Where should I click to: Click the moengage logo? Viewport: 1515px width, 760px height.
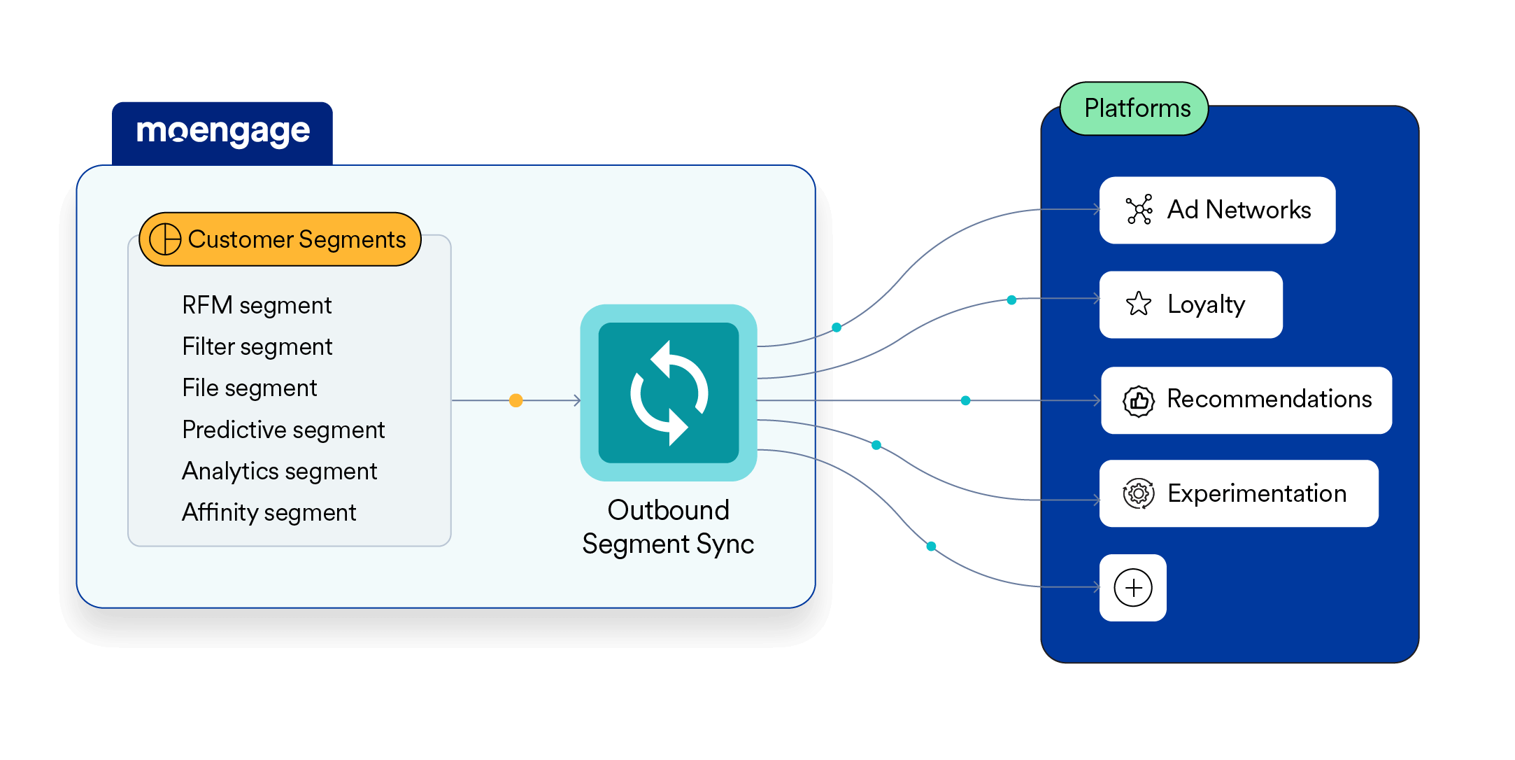(222, 132)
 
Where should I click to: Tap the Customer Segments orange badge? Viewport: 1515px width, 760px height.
(280, 239)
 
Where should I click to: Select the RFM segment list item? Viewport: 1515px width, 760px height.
(257, 305)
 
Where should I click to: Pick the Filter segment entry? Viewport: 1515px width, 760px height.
(257, 346)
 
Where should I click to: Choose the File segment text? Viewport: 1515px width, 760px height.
(249, 388)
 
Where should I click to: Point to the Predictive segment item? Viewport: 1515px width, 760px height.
(283, 430)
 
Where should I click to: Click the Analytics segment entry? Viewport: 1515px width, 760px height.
(279, 471)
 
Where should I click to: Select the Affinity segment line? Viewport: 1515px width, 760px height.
(269, 512)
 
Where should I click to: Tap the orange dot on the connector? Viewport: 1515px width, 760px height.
(516, 400)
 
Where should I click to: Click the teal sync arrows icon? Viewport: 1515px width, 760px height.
(669, 393)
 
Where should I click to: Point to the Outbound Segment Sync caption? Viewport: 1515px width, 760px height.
(668, 527)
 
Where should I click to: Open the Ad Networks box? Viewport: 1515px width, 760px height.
(1217, 210)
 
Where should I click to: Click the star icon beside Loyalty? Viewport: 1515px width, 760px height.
(1139, 304)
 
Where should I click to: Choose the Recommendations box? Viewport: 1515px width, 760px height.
(1246, 400)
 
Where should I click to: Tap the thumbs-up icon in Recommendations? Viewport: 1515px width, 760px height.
(1139, 401)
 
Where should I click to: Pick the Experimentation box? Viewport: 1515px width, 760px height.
(1239, 493)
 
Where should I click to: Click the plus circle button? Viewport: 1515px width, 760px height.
(1133, 588)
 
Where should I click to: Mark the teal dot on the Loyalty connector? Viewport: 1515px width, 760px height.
(1011, 300)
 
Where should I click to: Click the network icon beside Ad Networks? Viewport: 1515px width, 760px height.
(1139, 210)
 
